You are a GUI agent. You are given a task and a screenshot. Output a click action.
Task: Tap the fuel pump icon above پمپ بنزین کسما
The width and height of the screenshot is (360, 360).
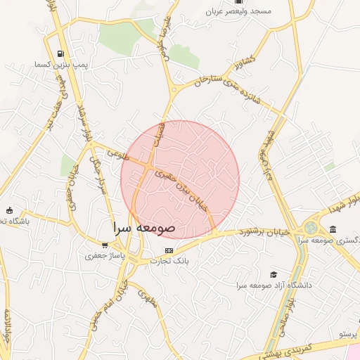point(62,53)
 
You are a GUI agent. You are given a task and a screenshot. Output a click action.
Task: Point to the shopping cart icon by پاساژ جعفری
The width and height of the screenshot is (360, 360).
point(105,245)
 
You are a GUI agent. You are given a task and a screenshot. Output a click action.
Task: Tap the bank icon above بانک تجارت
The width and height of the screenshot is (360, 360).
point(168,250)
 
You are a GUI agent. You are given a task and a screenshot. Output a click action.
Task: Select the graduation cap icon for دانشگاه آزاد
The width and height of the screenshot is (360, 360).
point(274,274)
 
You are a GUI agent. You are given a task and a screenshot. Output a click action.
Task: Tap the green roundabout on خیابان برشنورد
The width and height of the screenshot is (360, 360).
point(310,229)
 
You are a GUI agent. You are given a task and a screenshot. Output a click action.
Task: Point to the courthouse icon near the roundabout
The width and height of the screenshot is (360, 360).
point(332,230)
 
